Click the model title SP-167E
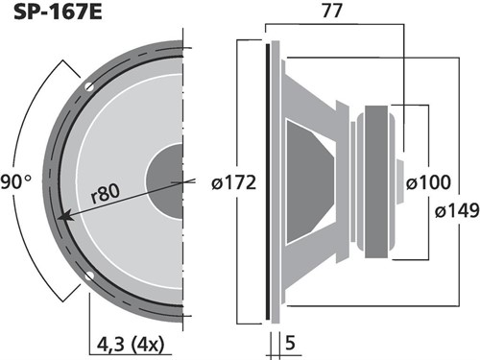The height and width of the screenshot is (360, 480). click(58, 12)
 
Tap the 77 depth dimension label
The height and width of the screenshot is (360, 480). click(332, 11)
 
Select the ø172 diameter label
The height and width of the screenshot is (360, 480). click(233, 183)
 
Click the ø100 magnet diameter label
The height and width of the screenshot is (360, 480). click(428, 182)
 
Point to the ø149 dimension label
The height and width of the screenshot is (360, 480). click(457, 211)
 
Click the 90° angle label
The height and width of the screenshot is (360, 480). click(16, 182)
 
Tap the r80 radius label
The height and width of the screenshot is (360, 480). click(106, 194)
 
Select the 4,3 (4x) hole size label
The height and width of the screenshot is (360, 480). click(131, 345)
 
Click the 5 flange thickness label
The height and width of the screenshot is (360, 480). click(290, 344)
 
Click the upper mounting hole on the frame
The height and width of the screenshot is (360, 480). click(89, 86)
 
